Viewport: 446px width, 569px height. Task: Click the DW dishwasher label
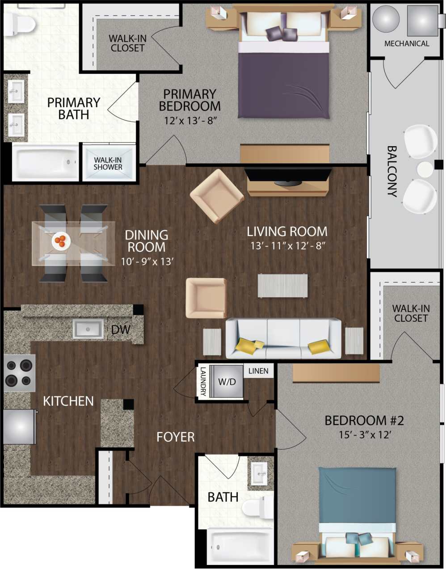(120, 330)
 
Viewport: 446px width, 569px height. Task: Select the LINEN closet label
(258, 371)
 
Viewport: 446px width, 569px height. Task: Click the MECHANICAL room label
(407, 44)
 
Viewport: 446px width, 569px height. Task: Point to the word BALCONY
(391, 171)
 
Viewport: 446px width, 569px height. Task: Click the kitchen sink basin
(88, 329)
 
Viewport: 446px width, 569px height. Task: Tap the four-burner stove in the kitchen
(19, 373)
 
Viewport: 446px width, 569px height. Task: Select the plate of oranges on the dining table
(61, 241)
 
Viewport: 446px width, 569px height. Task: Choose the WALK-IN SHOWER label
(108, 163)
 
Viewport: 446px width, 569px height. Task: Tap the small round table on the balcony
(425, 169)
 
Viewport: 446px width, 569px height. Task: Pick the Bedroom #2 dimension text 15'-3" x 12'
(365, 435)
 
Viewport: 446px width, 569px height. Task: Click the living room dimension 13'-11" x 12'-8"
(287, 245)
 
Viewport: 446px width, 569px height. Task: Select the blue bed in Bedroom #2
(357, 505)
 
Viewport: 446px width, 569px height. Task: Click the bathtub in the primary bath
(45, 162)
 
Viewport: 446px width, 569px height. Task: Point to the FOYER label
(175, 437)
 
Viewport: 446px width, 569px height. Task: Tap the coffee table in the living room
(282, 286)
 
